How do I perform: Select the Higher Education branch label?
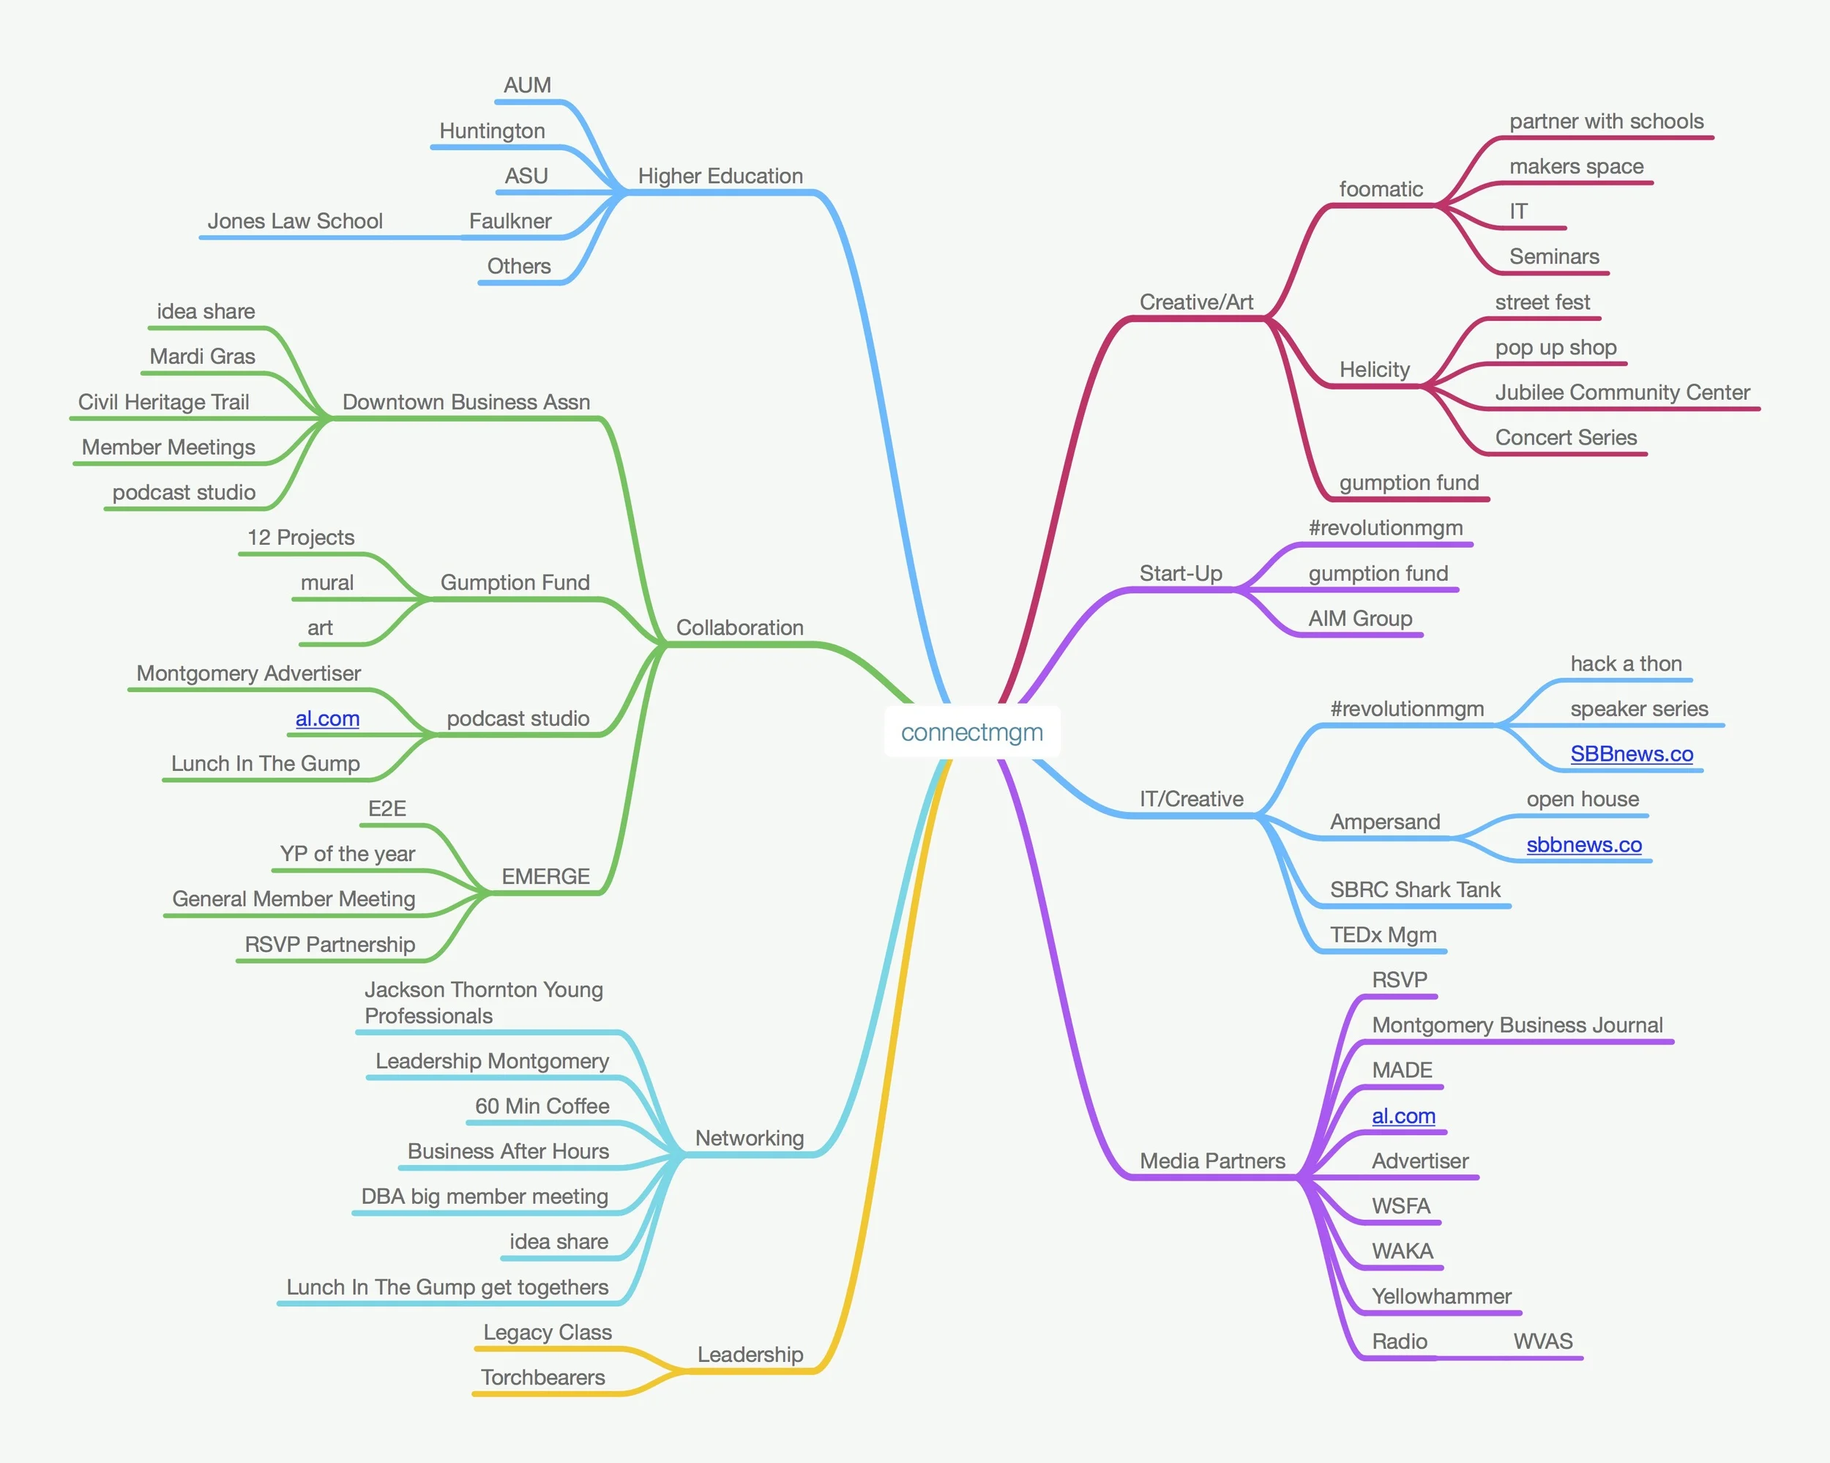(x=720, y=176)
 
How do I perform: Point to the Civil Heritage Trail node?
(x=164, y=401)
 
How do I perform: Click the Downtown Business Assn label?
(x=466, y=401)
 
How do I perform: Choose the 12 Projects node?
(x=300, y=537)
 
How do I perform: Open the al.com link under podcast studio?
(x=326, y=718)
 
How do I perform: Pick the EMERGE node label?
(x=545, y=876)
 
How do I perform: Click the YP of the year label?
(x=347, y=853)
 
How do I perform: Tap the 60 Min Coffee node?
(x=542, y=1106)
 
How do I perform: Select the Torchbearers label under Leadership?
(x=542, y=1377)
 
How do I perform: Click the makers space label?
(x=1576, y=166)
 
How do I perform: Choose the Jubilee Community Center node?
(x=1622, y=392)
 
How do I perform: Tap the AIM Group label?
(x=1360, y=618)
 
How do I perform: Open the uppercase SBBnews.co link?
(x=1632, y=754)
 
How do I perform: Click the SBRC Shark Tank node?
(x=1415, y=889)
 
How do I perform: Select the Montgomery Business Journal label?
(x=1517, y=1025)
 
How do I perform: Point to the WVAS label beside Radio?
(x=1542, y=1341)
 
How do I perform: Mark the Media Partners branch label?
(x=1212, y=1161)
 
